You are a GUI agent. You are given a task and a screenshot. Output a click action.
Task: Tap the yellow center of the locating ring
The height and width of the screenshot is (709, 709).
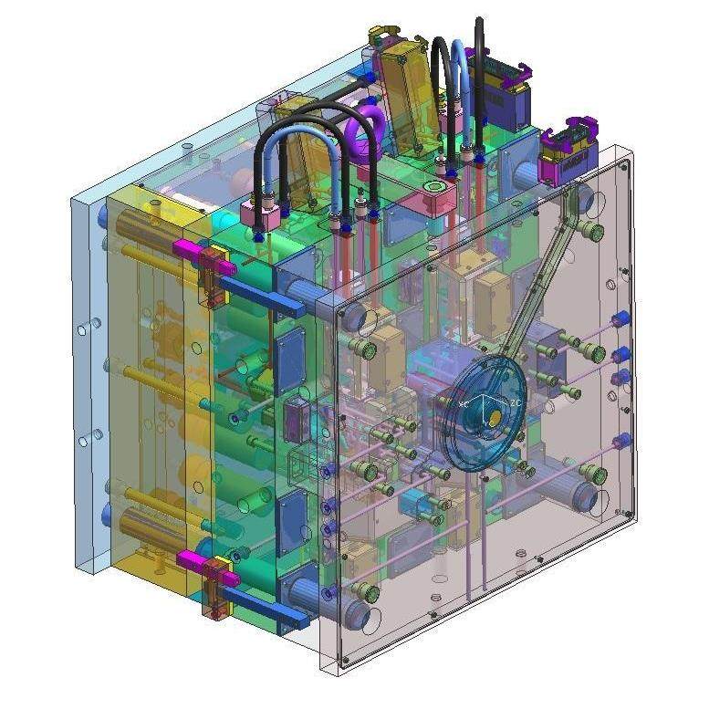point(494,417)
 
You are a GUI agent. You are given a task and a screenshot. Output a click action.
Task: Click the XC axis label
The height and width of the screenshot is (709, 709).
point(464,402)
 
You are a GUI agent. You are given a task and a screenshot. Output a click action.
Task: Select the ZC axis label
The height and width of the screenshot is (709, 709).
point(516,402)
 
